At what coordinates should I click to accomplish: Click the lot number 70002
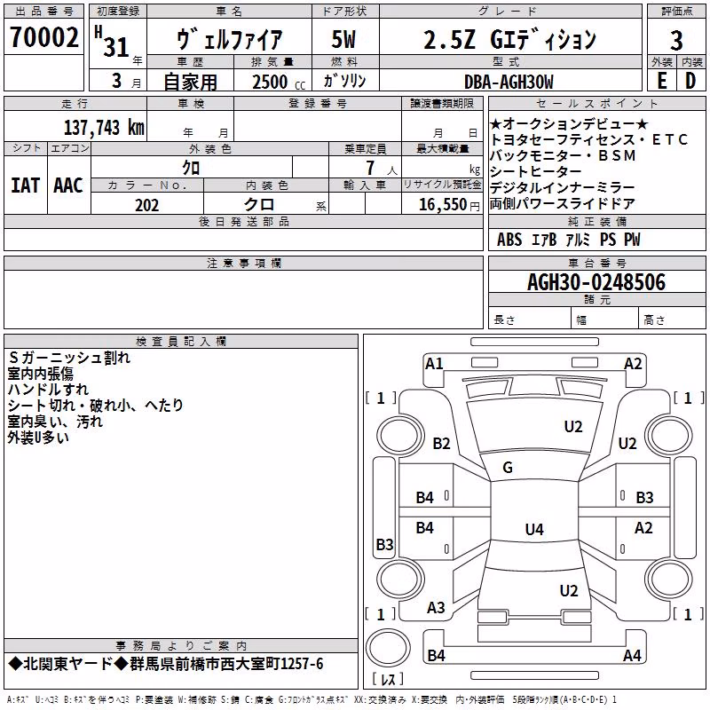(x=43, y=37)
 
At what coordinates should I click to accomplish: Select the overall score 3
(x=676, y=41)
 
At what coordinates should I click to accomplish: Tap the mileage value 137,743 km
(x=104, y=128)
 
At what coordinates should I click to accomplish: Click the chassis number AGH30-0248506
(x=596, y=282)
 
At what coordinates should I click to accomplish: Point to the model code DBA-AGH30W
(x=509, y=82)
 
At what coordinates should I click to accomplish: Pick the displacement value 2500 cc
(x=279, y=82)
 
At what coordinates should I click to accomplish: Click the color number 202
(x=146, y=205)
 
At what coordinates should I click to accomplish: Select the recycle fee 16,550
(x=442, y=205)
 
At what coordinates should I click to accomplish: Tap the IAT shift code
(x=25, y=185)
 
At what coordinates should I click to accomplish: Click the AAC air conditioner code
(x=68, y=185)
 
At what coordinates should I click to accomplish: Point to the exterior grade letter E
(x=661, y=81)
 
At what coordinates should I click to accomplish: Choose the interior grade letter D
(x=690, y=81)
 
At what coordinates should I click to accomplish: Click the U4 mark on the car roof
(x=534, y=529)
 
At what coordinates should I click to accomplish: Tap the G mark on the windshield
(x=508, y=467)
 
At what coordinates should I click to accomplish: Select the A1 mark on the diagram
(x=434, y=364)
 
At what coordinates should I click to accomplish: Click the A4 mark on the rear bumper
(x=632, y=655)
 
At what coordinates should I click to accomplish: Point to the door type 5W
(x=343, y=39)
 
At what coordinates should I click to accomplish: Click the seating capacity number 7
(x=370, y=168)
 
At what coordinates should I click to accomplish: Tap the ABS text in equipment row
(x=509, y=240)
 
